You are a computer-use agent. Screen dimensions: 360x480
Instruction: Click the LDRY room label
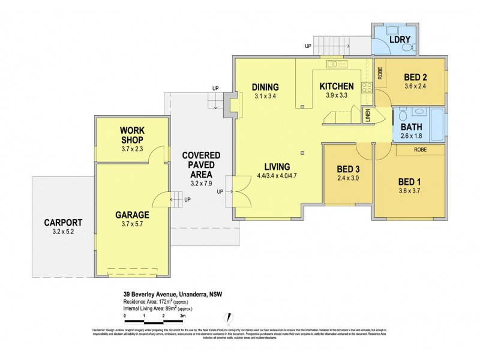[400, 41]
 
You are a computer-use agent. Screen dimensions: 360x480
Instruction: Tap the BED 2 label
[415, 77]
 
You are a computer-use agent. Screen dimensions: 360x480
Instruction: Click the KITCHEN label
[336, 86]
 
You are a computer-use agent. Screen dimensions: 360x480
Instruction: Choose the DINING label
[264, 86]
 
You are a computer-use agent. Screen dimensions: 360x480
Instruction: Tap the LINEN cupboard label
[367, 115]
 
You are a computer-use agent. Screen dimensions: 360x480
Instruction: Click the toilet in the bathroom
[403, 113]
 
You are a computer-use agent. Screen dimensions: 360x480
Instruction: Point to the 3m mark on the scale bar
[182, 315]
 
